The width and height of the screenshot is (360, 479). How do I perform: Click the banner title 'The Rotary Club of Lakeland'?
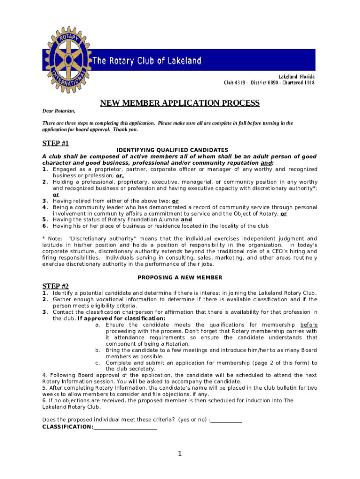click(147, 61)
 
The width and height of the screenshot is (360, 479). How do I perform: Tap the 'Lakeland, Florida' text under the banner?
click(296, 76)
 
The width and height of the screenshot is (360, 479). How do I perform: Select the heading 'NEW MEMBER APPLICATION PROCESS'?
click(180, 103)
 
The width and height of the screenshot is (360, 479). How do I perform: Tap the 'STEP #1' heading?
click(56, 143)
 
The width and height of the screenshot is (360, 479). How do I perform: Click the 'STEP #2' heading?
click(56, 286)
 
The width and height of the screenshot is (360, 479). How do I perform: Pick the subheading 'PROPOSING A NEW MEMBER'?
click(180, 277)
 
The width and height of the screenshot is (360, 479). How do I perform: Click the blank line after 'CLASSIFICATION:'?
click(125, 427)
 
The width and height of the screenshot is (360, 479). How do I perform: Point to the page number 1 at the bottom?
click(179, 454)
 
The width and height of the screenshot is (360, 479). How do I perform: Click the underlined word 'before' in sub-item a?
click(309, 325)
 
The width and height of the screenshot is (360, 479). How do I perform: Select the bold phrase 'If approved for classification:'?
click(122, 319)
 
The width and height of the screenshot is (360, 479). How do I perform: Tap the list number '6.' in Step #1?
click(45, 226)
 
